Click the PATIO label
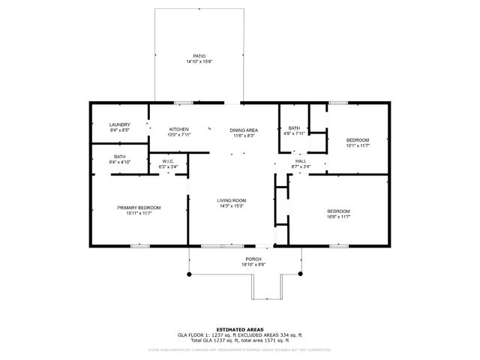(199, 56)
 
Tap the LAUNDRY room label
(120, 124)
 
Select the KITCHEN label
(178, 129)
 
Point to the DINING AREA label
(243, 130)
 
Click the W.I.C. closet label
(168, 161)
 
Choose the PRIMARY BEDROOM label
(139, 208)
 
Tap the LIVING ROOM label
(232, 200)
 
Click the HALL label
(300, 161)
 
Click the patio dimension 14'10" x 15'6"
(199, 61)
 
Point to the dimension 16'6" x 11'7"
(338, 217)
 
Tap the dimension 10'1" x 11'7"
(358, 145)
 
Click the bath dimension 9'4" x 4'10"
(120, 162)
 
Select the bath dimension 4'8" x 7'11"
(294, 133)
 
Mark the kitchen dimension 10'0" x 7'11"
(178, 134)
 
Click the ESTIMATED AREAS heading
(239, 329)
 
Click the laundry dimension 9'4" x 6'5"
(120, 130)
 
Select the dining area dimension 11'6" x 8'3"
(243, 135)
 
